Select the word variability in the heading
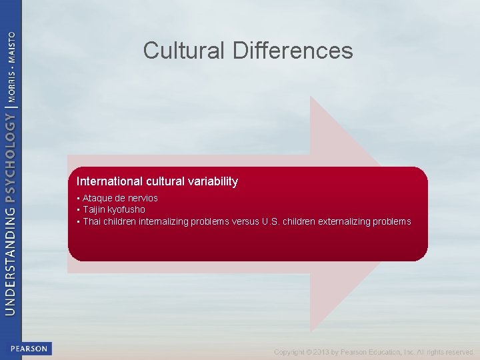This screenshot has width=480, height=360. click(215, 181)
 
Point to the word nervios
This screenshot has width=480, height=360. click(141, 198)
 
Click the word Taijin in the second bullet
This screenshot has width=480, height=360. click(95, 209)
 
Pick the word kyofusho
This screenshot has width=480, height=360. click(127, 209)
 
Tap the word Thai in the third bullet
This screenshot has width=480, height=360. click(92, 221)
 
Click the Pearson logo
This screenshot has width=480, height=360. click(29, 349)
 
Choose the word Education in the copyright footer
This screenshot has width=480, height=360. click(386, 352)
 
